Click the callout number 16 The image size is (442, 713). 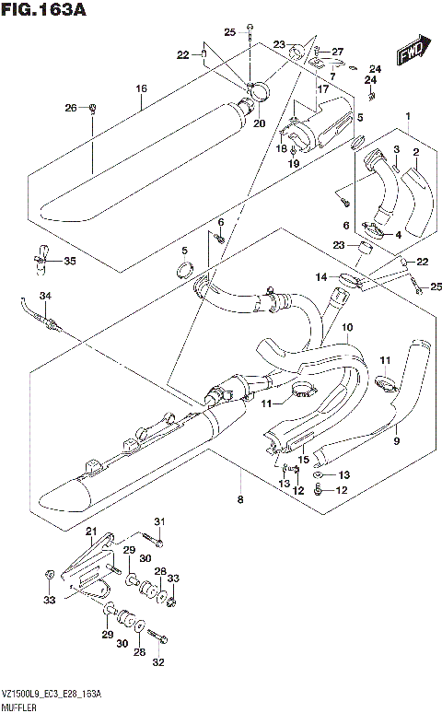click(x=141, y=88)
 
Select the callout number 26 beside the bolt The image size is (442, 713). click(x=70, y=110)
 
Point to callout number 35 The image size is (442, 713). click(x=69, y=261)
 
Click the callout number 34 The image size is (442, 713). click(x=43, y=294)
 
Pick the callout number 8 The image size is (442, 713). click(x=240, y=499)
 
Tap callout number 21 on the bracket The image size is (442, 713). click(x=90, y=532)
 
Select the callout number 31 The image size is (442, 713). click(x=157, y=522)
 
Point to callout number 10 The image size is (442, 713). click(x=347, y=327)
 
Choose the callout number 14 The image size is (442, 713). click(x=320, y=276)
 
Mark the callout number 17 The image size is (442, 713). click(x=323, y=89)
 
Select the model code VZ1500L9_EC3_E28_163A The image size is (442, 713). click(x=52, y=690)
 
